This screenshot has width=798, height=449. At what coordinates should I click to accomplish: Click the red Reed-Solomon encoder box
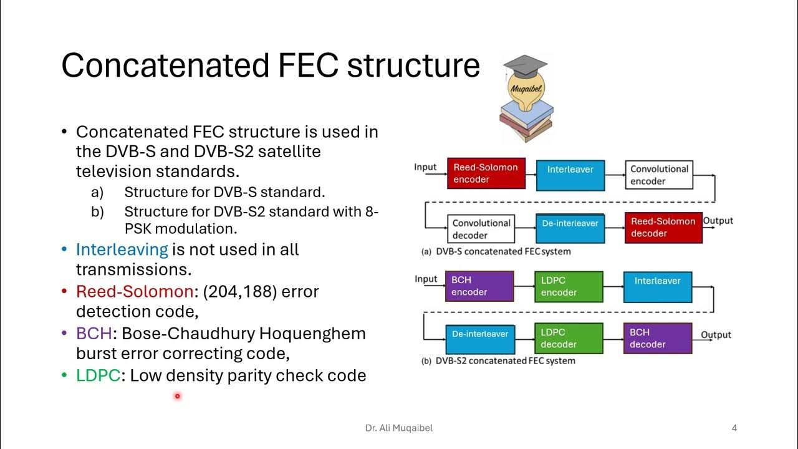[x=486, y=173]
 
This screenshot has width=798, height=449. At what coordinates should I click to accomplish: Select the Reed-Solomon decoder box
[x=663, y=227]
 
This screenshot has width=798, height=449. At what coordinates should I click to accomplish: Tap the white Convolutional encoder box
[x=659, y=175]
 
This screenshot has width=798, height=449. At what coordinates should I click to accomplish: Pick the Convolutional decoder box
[x=481, y=229]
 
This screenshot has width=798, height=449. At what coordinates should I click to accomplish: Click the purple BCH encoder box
[x=479, y=286]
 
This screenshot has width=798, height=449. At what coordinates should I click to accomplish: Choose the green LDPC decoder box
[x=569, y=339]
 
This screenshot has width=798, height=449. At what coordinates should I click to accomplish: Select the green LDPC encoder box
[x=569, y=286]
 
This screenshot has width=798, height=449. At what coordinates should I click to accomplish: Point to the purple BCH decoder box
[x=658, y=339]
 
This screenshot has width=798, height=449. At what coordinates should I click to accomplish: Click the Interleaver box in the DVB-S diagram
[x=570, y=174]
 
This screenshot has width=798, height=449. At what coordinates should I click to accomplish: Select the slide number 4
[x=734, y=428]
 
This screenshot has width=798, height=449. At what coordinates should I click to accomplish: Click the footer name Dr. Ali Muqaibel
[x=398, y=428]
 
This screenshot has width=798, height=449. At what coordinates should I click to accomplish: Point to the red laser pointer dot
[x=177, y=396]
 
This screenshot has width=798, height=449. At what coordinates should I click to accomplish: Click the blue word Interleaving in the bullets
[x=122, y=249]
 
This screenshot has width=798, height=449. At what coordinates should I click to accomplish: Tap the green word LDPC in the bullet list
[x=98, y=375]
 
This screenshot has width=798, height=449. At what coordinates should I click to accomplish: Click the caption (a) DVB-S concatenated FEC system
[x=496, y=251]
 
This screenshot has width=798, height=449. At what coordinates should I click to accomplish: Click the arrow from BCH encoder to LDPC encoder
[x=524, y=286]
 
